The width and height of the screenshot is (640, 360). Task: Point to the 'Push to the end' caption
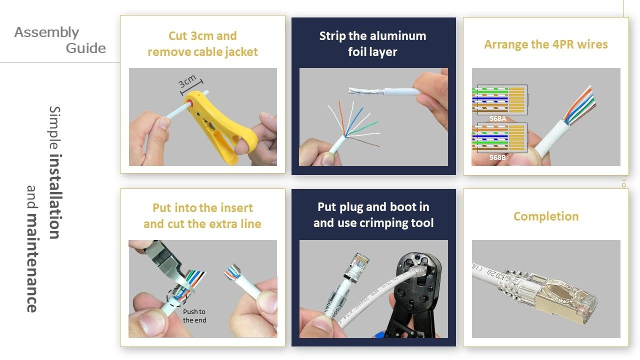click(194, 316)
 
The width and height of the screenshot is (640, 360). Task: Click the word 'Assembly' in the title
click(46, 32)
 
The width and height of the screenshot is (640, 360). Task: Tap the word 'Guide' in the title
click(86, 48)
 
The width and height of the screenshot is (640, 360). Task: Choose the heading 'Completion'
click(545, 216)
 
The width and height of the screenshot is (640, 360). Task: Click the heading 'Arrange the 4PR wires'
click(545, 44)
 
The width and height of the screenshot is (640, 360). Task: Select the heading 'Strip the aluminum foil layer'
click(372, 43)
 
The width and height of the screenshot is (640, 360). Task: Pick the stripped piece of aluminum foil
click(365, 92)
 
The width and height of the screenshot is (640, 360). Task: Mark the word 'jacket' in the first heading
click(240, 52)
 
